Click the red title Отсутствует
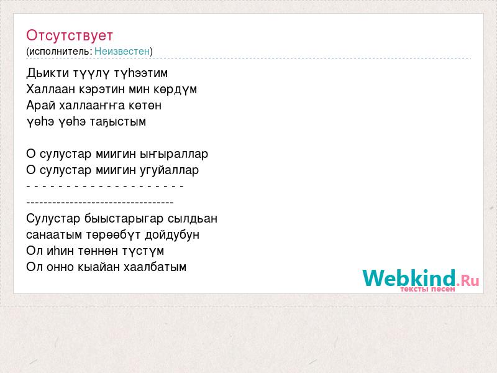point(70,35)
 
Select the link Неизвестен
point(122,51)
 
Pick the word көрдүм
point(175,90)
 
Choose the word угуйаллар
point(169,170)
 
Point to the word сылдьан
point(193,219)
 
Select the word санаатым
point(50,235)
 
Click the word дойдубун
point(172,235)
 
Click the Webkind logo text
point(409,278)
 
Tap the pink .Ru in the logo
point(468,280)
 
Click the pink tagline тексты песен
point(427,289)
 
